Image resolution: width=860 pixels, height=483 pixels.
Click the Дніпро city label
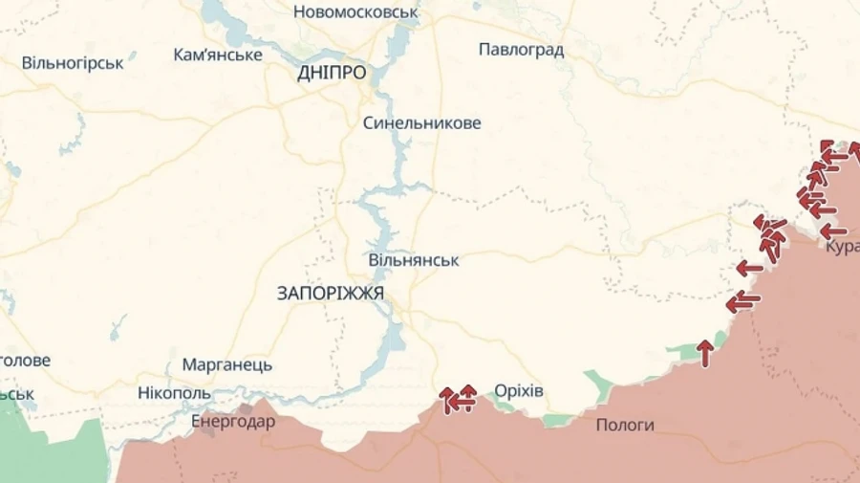[x=332, y=74]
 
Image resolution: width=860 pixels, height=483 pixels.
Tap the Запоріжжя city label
[x=331, y=294]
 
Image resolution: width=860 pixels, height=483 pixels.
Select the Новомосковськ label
[x=356, y=12]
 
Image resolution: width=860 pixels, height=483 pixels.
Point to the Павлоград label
[x=521, y=50]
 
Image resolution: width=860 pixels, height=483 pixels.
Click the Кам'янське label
[x=218, y=55]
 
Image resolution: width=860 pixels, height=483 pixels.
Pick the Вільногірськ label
[x=73, y=63]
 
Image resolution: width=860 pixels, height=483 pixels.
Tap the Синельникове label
[x=421, y=123]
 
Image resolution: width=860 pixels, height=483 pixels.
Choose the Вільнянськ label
[x=414, y=260]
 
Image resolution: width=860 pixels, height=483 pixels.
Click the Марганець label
[x=226, y=364]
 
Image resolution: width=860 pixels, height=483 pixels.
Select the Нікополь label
[x=174, y=393]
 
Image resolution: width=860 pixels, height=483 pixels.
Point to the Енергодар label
[x=233, y=421]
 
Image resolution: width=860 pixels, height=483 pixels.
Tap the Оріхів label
[x=519, y=391]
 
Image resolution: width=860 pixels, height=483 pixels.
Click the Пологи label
[x=625, y=425]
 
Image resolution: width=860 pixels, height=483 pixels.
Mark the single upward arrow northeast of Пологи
[x=705, y=353]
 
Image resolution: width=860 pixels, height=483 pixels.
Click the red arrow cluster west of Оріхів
[x=459, y=398]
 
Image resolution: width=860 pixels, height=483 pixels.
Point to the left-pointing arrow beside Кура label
[x=833, y=231]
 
